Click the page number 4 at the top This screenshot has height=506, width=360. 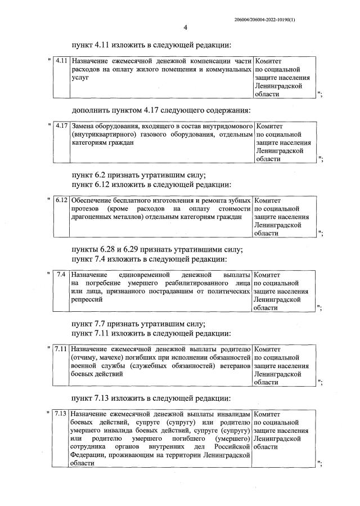click(185, 28)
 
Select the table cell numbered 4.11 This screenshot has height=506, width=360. click(62, 60)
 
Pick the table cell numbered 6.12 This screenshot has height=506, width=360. click(62, 200)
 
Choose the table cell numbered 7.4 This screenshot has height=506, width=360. click(62, 275)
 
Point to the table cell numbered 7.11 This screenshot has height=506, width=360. click(62, 349)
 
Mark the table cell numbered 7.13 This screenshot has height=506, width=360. click(62, 414)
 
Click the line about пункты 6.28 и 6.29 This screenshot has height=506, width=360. click(157, 249)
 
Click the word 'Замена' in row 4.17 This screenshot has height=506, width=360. click(83, 126)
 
